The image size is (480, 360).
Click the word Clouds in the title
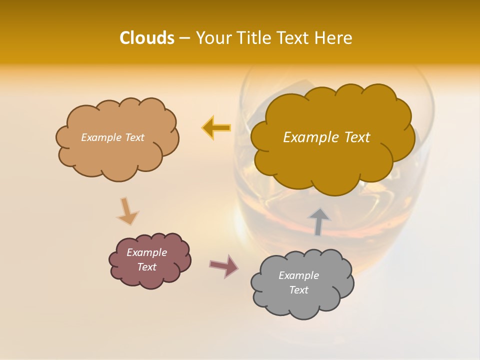(146, 38)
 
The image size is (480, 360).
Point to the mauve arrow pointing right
(223, 265)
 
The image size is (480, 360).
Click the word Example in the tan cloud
(100, 137)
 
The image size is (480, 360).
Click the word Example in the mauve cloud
(146, 252)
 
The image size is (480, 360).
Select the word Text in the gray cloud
(298, 290)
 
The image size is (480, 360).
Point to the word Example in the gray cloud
(298, 275)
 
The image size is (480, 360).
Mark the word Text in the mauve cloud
(146, 267)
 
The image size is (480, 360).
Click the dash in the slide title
(184, 38)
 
